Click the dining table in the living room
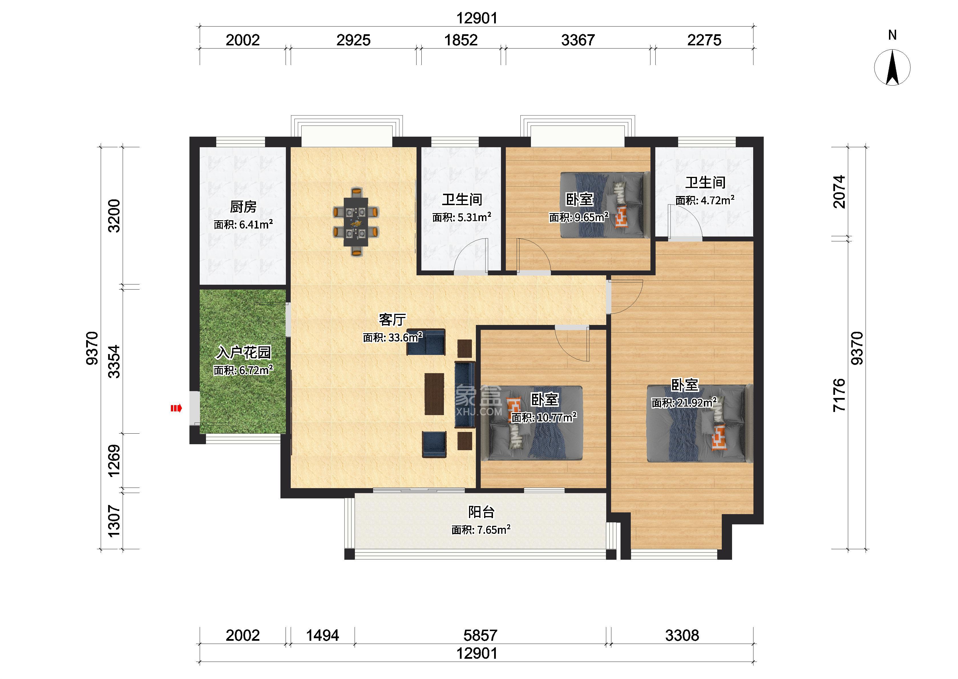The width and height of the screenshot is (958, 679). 356,222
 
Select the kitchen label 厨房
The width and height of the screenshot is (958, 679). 243,207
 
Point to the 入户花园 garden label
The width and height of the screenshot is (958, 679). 243,352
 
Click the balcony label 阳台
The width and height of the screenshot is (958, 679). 481,512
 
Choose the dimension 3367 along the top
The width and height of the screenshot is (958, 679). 578,40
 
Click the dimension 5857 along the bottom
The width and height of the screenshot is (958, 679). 480,636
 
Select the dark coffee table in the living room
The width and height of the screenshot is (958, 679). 434,394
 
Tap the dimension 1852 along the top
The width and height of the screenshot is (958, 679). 461,40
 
